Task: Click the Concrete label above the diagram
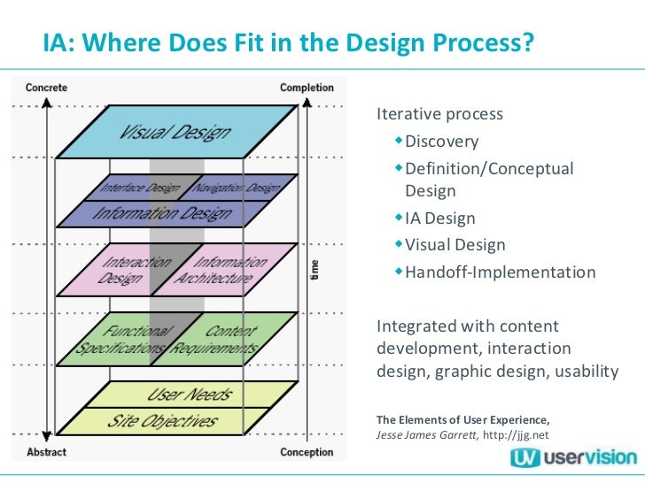[46, 88]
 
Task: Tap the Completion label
[307, 88]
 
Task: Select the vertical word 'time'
[316, 271]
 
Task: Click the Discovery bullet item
[441, 142]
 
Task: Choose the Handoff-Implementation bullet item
[500, 272]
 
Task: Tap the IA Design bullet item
[439, 218]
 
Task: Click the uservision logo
[572, 456]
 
